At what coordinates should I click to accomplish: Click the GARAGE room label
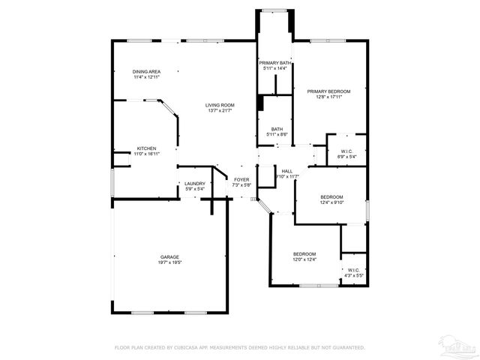coord(169,256)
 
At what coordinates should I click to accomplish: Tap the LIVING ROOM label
coord(220,105)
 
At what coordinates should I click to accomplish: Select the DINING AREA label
coord(147,71)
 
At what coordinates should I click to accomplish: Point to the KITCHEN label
coord(146,148)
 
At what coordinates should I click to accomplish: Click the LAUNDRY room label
coord(195,183)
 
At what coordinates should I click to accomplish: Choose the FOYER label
coord(241,179)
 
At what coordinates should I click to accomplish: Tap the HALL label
coord(286,171)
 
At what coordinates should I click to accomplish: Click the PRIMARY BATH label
coord(274,62)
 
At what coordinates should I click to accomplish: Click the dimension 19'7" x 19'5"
coord(169,263)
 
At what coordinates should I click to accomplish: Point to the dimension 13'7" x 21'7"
coord(220,111)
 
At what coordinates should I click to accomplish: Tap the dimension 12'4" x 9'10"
coord(331,202)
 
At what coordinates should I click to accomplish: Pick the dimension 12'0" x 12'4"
coord(304,259)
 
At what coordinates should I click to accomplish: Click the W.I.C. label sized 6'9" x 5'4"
coord(346,151)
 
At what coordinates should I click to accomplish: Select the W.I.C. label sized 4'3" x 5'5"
coord(352,270)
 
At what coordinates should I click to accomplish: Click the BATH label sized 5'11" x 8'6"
coord(277,129)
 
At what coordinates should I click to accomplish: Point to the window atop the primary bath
coord(274,10)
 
